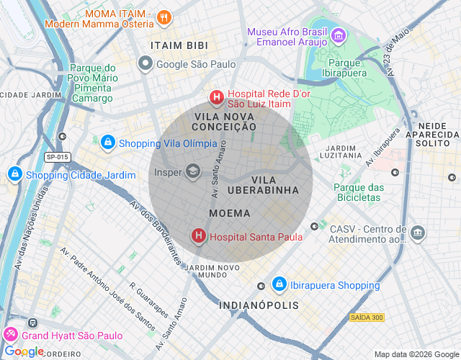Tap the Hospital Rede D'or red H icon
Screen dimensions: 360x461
(x=215, y=97)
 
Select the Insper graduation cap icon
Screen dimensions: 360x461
(x=192, y=171)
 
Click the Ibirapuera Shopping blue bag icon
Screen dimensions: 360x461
(x=279, y=284)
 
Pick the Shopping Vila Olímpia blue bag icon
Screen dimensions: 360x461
(x=108, y=143)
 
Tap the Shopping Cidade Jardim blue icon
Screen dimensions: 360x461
(x=14, y=174)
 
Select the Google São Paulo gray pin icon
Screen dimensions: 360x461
(x=145, y=64)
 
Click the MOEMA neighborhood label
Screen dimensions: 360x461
(x=230, y=214)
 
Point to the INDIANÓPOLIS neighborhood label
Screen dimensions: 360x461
(x=259, y=305)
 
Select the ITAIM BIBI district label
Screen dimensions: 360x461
(x=180, y=45)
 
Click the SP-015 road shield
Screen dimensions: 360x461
(x=57, y=157)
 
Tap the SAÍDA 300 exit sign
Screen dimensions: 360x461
(x=367, y=318)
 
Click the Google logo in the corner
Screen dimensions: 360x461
(x=24, y=351)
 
